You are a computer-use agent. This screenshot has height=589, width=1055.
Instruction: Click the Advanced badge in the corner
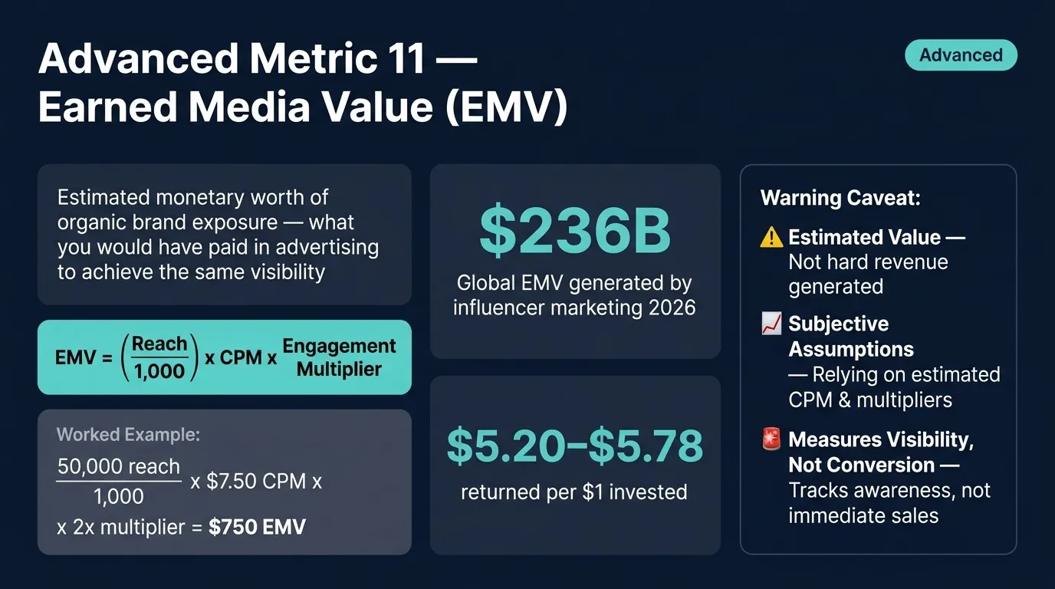coord(961,55)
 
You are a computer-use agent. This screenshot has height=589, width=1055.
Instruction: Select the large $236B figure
coord(575,232)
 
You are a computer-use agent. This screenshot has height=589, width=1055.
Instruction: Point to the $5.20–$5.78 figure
coord(575,446)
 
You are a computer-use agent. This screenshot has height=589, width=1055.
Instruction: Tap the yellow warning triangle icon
coord(771,238)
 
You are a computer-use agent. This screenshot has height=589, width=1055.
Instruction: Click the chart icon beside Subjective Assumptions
coord(771,324)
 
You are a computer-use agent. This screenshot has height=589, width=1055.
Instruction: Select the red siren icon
coord(771,440)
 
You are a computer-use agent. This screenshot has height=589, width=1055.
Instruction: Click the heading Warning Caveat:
coord(840,198)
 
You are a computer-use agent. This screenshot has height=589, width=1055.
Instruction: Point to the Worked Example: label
coord(128,435)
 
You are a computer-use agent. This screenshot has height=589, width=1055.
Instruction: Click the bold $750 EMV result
coord(257,527)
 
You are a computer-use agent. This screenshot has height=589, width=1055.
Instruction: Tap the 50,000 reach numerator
coord(119,466)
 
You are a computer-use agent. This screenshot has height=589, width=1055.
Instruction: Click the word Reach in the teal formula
coord(159,344)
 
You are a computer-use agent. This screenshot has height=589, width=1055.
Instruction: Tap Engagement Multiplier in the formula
coord(339,357)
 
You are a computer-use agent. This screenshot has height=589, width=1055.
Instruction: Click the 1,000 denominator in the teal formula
coord(159,372)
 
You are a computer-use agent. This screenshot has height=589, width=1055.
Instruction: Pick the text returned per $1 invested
coord(574,492)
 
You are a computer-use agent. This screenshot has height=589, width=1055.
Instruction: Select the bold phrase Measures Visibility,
coord(879,439)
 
